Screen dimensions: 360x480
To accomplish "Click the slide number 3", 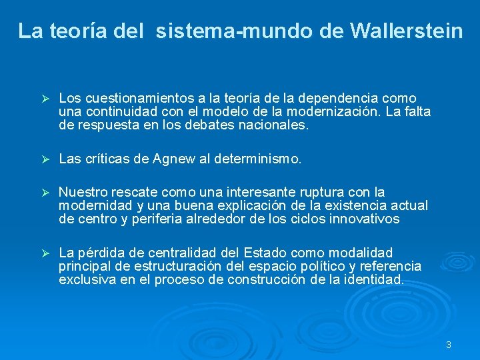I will coord(449,345).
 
